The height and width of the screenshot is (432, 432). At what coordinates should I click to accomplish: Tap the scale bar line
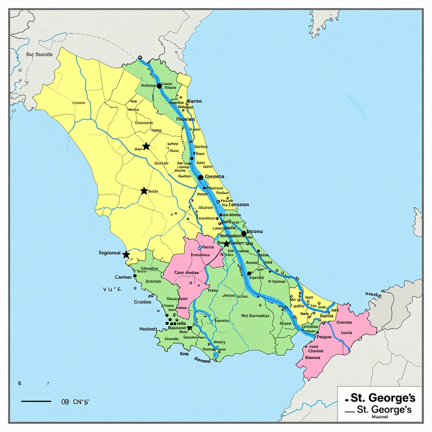(x=36, y=401)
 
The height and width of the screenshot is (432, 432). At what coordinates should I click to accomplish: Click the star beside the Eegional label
(x=126, y=254)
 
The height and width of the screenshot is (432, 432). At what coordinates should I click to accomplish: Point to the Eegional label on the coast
(x=109, y=253)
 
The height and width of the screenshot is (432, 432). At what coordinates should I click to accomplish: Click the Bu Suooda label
(x=39, y=54)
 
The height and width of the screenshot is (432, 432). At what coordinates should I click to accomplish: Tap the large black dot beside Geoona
(x=200, y=178)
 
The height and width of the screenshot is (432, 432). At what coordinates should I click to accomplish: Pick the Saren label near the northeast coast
(x=194, y=101)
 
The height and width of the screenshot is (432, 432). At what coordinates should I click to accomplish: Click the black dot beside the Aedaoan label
(x=159, y=86)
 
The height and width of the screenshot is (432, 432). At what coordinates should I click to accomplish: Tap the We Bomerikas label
(x=255, y=315)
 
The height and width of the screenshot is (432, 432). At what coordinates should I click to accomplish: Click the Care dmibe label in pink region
(x=186, y=273)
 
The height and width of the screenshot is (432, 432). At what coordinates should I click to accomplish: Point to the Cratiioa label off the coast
(x=143, y=302)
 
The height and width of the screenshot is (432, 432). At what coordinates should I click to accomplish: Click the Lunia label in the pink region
(x=346, y=332)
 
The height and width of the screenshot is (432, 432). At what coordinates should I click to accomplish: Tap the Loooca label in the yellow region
(x=79, y=103)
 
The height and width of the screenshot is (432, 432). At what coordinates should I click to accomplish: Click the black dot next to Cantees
(x=135, y=276)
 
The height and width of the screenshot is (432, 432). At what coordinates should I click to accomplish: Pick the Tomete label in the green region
(x=222, y=321)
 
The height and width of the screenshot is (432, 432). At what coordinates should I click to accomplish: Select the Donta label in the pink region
(x=208, y=247)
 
